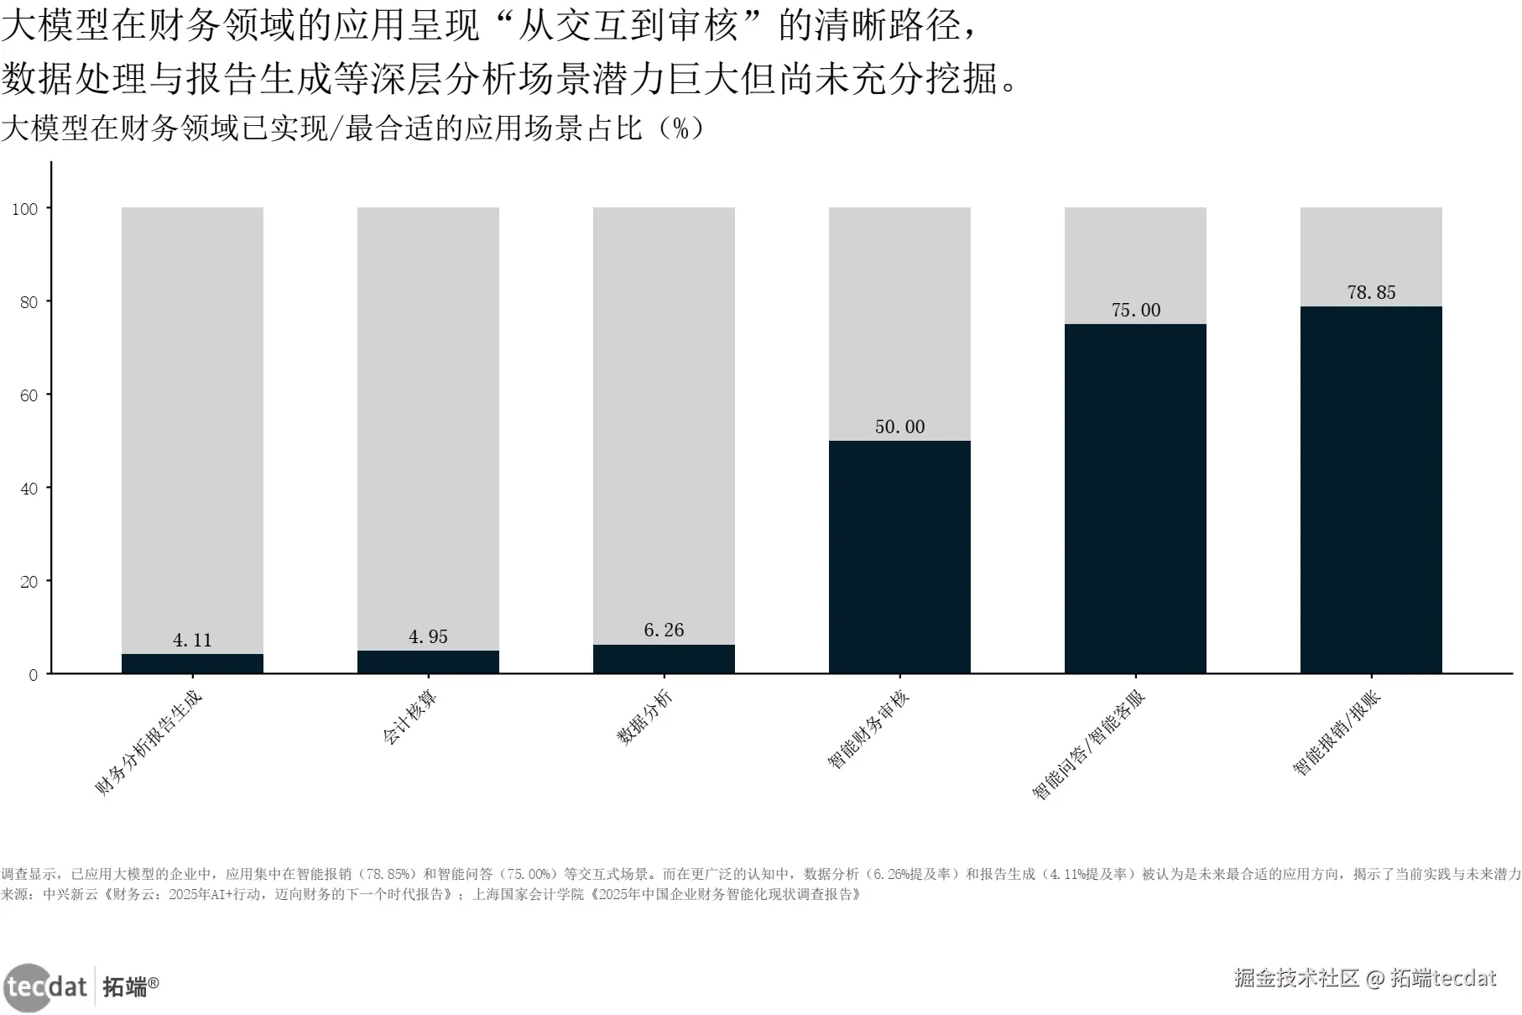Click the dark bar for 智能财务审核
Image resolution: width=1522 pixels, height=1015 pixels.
pyautogui.click(x=899, y=557)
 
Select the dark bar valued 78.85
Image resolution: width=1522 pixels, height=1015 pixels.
pyautogui.click(x=1371, y=489)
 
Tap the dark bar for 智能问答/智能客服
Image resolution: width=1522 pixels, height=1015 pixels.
pyautogui.click(x=1135, y=499)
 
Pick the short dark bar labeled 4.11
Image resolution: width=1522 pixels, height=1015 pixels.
pyautogui.click(x=192, y=664)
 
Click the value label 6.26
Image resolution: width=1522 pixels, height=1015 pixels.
pyautogui.click(x=664, y=630)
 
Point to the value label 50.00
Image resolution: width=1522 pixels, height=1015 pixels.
pyautogui.click(x=899, y=426)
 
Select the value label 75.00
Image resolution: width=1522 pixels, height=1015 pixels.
pyautogui.click(x=1135, y=310)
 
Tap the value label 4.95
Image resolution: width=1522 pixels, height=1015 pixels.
pyautogui.click(x=428, y=636)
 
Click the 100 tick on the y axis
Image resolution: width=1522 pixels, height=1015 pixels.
pyautogui.click(x=25, y=209)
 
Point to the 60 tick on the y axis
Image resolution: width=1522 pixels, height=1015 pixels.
pyautogui.click(x=29, y=395)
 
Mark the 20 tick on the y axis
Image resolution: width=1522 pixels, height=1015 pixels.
pyautogui.click(x=29, y=582)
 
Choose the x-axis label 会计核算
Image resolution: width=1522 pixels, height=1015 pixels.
pyautogui.click(x=409, y=719)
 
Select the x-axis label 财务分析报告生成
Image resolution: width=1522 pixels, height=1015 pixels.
pyautogui.click(x=149, y=743)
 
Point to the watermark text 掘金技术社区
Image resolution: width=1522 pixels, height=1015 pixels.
pyautogui.click(x=1296, y=978)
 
